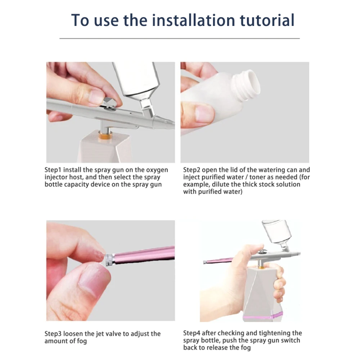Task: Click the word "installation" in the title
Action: pyautogui.click(x=194, y=20)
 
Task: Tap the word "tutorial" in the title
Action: pyautogui.click(x=267, y=20)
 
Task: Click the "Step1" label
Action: pyautogui.click(x=53, y=170)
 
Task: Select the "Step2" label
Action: pyautogui.click(x=192, y=170)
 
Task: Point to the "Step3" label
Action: pyautogui.click(x=53, y=334)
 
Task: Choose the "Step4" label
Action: pyautogui.click(x=192, y=333)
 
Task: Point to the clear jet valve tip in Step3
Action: pyautogui.click(x=109, y=260)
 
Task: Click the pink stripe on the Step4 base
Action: pyautogui.click(x=263, y=317)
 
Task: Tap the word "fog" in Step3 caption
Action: pyautogui.click(x=82, y=341)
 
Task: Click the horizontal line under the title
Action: pyautogui.click(x=180, y=39)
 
